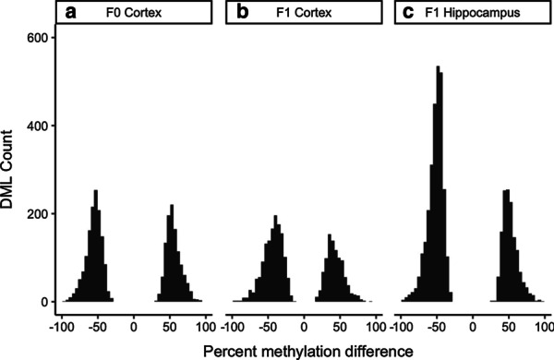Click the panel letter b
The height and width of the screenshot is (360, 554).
click(243, 14)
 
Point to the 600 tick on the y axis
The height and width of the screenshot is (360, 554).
click(37, 37)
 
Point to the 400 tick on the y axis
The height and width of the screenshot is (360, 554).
click(37, 126)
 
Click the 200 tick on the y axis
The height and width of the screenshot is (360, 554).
click(37, 214)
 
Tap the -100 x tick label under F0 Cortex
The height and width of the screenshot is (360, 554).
click(60, 325)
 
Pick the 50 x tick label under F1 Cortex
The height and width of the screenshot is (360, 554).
click(340, 325)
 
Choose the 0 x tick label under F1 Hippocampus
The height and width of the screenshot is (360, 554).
click(473, 325)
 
